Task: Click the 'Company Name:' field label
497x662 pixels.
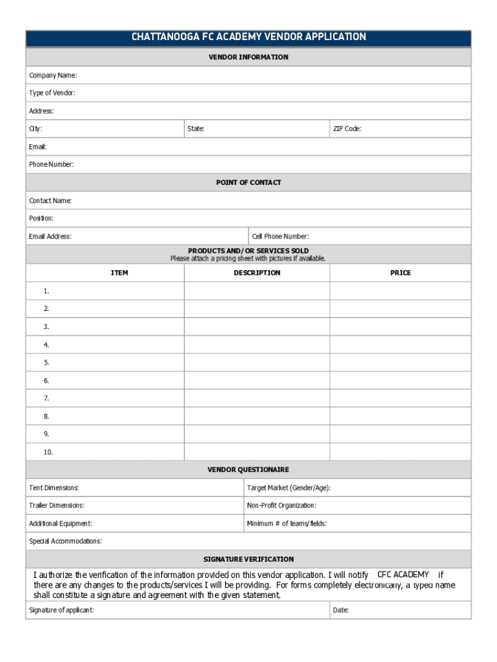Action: (53, 76)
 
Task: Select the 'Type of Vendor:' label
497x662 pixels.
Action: (52, 93)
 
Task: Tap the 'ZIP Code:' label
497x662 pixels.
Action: (347, 129)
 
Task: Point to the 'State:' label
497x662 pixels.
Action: (196, 129)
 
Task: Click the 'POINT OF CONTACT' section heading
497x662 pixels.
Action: (249, 183)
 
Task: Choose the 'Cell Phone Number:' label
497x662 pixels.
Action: (280, 237)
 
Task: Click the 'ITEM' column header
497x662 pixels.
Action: (119, 273)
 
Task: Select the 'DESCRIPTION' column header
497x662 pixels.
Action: (257, 273)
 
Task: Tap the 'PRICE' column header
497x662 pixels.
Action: (400, 273)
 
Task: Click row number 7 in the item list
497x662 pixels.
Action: (46, 398)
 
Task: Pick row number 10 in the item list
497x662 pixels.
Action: (48, 452)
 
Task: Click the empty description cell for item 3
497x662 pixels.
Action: (257, 326)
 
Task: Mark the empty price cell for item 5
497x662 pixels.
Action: (400, 362)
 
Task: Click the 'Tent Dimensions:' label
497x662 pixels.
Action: (54, 487)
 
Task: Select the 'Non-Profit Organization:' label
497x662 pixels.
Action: (281, 506)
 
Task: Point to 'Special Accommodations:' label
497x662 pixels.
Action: (65, 541)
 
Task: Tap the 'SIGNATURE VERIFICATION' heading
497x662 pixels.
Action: (249, 559)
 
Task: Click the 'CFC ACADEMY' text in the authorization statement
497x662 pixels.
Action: (403, 575)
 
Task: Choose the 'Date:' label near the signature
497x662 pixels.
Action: (341, 610)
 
